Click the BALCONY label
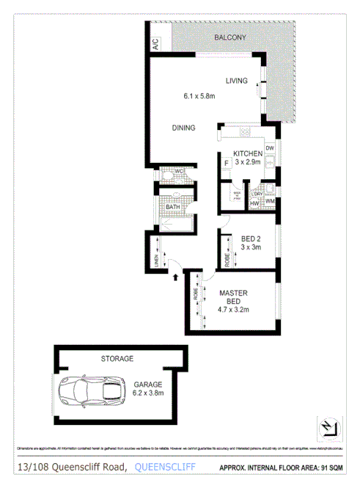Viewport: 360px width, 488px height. coord(230,37)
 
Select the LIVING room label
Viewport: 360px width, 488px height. coord(236,80)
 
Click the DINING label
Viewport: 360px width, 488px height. coord(183,128)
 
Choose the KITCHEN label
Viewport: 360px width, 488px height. coord(248,153)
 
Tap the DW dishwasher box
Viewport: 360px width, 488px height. coord(270,149)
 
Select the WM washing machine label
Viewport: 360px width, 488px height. coord(269,200)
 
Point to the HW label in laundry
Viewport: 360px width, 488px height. coord(254,203)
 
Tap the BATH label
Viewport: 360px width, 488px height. coord(173,207)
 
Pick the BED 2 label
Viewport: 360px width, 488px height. coord(251,238)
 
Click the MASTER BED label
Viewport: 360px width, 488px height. coord(233,297)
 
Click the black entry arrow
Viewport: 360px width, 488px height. coord(175,277)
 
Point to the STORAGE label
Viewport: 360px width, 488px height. coord(117,359)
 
